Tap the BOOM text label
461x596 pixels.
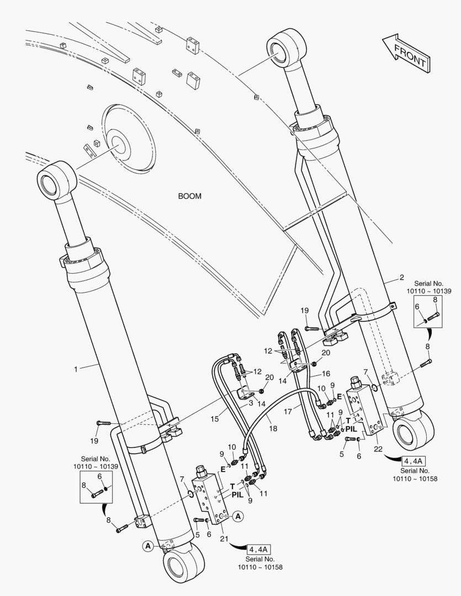pos(189,196)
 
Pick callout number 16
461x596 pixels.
pos(326,374)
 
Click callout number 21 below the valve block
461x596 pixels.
pos(224,538)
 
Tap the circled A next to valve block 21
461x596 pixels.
pos(237,517)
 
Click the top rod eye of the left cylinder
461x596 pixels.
pos(57,179)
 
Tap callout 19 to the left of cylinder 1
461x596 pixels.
pos(94,440)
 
